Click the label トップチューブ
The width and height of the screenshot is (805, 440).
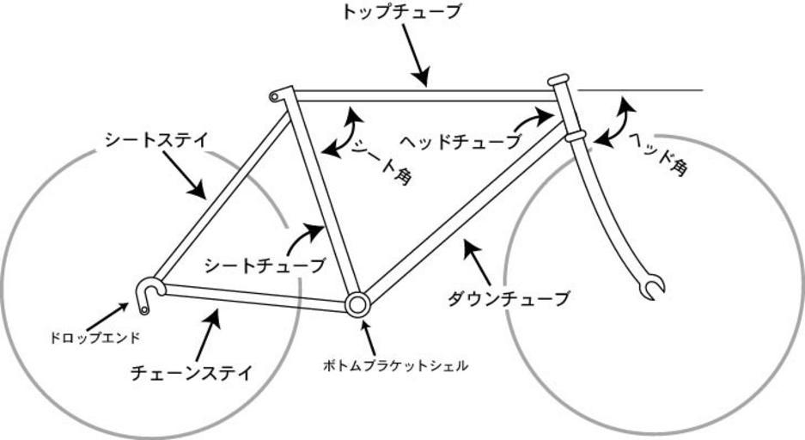coord(401,12)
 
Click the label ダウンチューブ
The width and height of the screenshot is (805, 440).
coord(509,299)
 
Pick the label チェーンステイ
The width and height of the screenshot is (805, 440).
coord(191,373)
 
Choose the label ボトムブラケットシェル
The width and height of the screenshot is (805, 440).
coord(395,365)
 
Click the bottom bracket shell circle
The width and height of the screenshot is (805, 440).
coord(357,302)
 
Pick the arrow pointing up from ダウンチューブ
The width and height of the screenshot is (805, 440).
coord(477,260)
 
